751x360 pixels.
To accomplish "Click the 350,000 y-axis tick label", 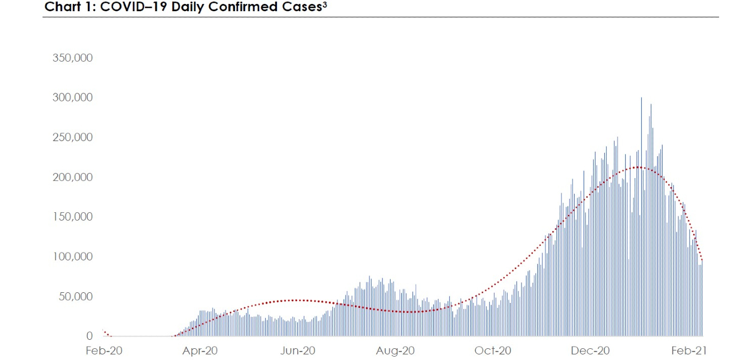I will pos(72,58).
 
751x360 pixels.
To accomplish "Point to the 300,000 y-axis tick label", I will pos(72,98).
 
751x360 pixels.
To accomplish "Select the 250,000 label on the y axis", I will pos(72,138).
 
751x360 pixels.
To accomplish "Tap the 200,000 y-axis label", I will pos(72,177).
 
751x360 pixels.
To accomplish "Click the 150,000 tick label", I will pos(72,217).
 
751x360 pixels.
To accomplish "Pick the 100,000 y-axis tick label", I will pos(72,257).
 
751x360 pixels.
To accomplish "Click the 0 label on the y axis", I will pos(89,336).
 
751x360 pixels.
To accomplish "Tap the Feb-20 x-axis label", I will pos(104,351).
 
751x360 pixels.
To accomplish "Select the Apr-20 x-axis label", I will pos(200,351).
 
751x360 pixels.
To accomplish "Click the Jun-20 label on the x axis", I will pos(298,351).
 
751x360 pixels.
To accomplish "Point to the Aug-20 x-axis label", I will pos(396,351).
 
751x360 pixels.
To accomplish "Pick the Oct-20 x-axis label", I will pos(493,351).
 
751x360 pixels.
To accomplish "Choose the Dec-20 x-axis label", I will pos(590,351).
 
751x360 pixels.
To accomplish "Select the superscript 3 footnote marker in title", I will pos(324,5).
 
